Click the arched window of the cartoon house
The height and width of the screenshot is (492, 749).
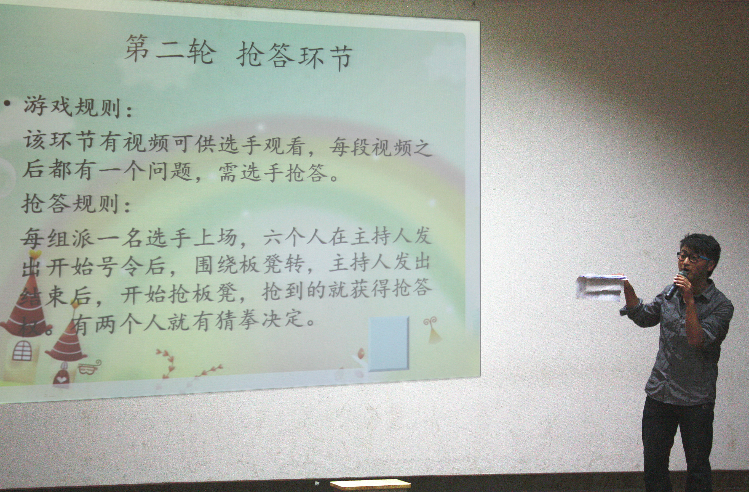coord(22,350)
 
